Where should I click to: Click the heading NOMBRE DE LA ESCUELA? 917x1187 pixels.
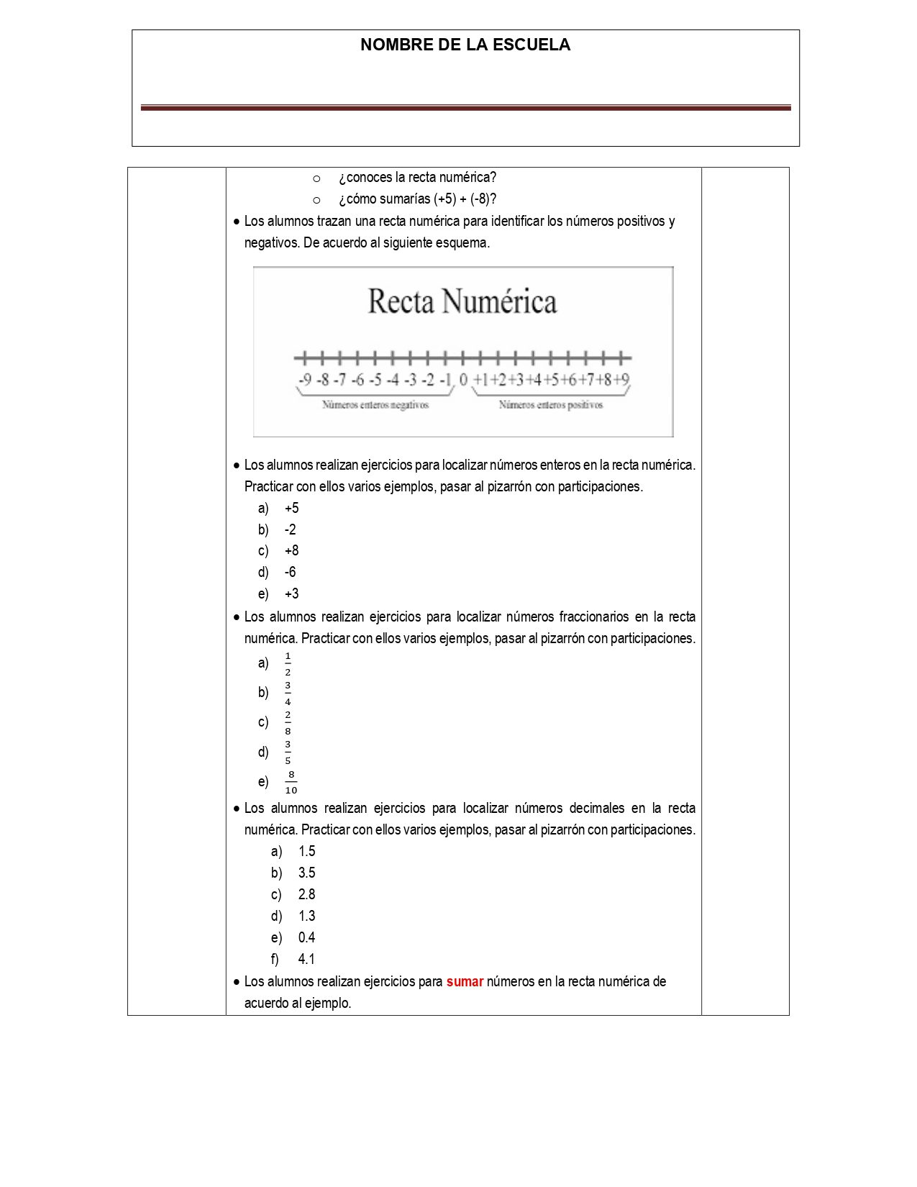coord(465,45)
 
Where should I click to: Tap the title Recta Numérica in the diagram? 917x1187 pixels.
coord(462,301)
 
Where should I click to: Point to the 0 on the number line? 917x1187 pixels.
coord(463,379)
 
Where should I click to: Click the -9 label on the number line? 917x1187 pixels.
coord(305,379)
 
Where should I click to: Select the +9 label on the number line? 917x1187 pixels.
coord(621,379)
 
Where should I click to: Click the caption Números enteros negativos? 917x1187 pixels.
coord(375,405)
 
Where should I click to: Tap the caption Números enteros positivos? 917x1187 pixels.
coord(551,405)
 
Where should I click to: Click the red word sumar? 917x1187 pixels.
coord(465,981)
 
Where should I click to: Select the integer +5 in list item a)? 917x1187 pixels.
coord(291,508)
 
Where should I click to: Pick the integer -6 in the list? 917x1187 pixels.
coord(290,572)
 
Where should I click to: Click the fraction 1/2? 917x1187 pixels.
coord(288,663)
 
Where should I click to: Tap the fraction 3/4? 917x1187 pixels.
coord(288,693)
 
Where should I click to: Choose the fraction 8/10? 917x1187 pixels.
coord(291,782)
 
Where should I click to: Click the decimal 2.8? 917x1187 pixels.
coord(306,894)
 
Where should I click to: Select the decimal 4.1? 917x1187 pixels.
coord(306,959)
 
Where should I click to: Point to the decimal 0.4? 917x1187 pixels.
coord(306,937)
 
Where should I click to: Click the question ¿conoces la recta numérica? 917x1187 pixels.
coord(417,178)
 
